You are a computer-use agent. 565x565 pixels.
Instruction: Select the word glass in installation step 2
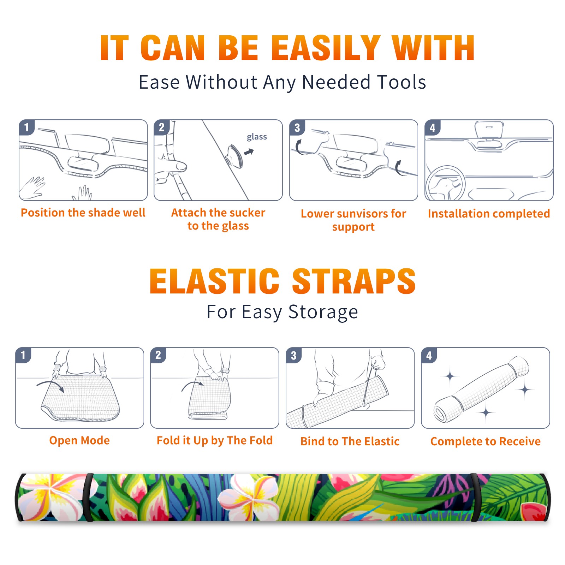[257, 137]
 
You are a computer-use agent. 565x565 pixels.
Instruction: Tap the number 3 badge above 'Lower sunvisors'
[297, 127]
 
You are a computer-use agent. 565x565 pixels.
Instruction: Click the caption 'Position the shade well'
[83, 213]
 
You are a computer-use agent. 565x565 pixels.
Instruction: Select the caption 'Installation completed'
[489, 214]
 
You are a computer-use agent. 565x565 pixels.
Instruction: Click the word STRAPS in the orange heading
[354, 281]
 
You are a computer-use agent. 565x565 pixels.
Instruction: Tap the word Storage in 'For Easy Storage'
[323, 312]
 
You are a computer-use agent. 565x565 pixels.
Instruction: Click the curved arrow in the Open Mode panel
[50, 385]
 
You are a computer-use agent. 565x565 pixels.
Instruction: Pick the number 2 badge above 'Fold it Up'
[158, 355]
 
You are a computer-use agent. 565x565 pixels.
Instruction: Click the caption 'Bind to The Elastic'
[350, 441]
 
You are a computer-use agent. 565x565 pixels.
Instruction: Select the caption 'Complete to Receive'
[486, 441]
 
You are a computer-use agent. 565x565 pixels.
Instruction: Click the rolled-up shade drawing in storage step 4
[481, 389]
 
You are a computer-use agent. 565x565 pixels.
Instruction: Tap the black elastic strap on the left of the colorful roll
[88, 497]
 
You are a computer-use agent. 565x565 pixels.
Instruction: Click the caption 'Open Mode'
[79, 441]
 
